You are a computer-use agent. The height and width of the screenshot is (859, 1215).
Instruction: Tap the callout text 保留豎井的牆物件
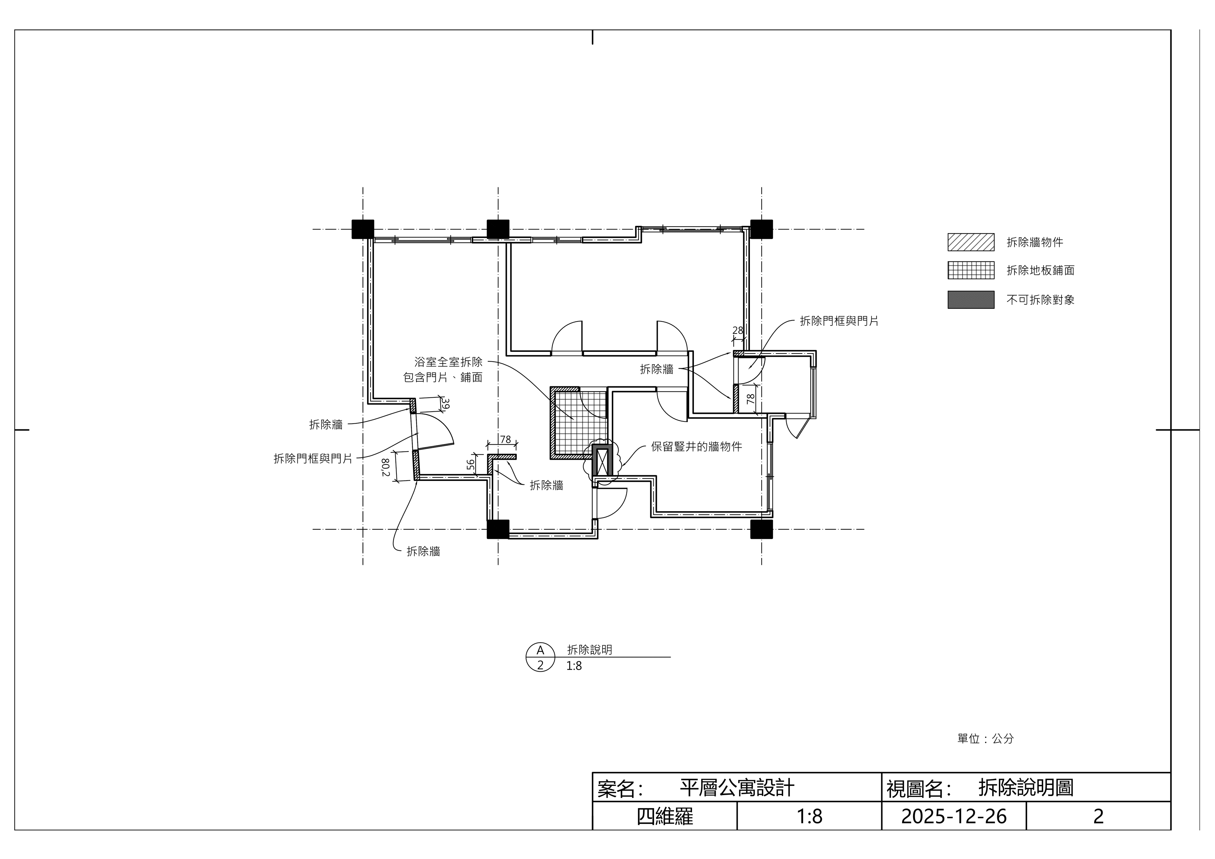(696, 447)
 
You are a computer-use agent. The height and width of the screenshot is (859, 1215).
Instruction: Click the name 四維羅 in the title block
(665, 816)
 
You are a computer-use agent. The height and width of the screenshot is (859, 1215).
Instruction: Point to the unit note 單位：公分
(985, 738)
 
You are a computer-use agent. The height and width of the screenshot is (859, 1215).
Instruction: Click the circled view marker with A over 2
(540, 657)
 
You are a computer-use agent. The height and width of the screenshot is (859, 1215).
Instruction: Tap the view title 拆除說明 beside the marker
(589, 650)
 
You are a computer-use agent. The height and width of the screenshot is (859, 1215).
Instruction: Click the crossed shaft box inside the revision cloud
(602, 460)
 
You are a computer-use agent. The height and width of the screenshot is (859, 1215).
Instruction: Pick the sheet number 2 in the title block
(1099, 816)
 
